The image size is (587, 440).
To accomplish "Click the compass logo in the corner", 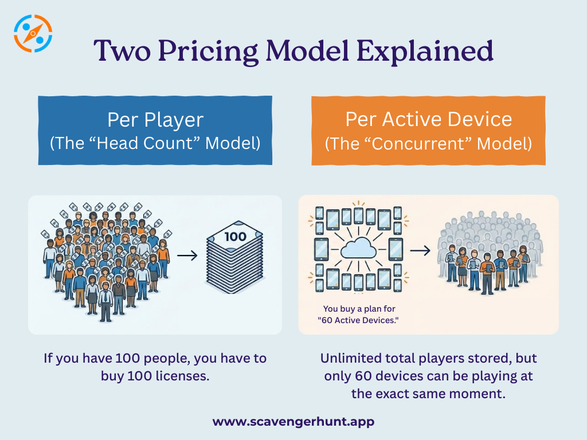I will click(33, 33).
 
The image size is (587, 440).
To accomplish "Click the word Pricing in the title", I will click(209, 52).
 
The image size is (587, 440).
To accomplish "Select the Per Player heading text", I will click(155, 120).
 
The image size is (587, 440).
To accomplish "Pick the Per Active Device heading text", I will click(428, 119).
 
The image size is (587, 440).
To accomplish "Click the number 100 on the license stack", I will click(235, 236).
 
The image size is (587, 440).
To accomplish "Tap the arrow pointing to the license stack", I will click(187, 254).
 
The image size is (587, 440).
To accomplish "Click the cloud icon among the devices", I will click(358, 249).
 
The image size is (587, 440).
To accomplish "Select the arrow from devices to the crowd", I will click(420, 250).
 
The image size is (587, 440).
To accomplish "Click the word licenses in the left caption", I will click(179, 376).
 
